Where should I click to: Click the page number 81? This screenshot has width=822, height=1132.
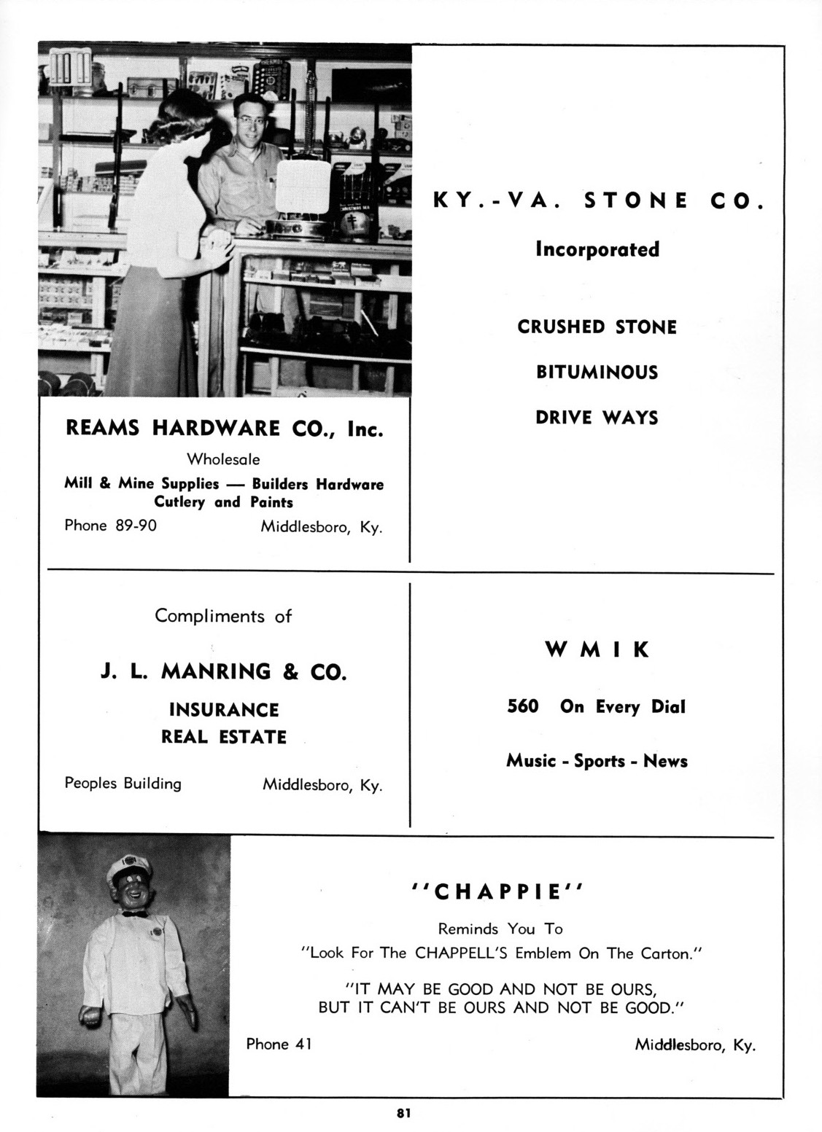(403, 1112)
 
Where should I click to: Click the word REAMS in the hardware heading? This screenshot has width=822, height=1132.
(103, 429)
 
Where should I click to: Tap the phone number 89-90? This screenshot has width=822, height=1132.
(136, 525)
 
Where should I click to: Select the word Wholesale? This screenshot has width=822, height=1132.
(223, 459)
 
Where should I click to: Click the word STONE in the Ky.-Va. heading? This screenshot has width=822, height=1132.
(636, 201)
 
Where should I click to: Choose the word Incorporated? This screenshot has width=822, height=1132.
(597, 249)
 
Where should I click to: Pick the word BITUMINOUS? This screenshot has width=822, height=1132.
(597, 372)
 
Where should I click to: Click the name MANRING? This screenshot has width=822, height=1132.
(215, 671)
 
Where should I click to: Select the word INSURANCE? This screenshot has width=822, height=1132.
(224, 710)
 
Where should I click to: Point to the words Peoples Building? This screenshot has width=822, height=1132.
(123, 784)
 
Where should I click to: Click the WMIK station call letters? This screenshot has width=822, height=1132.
(597, 649)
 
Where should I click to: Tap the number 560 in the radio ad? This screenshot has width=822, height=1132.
(522, 706)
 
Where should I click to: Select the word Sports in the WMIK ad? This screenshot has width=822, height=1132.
(599, 761)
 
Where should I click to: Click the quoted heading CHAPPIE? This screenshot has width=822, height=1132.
(499, 891)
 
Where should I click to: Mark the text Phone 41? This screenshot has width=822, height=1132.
(279, 1044)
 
